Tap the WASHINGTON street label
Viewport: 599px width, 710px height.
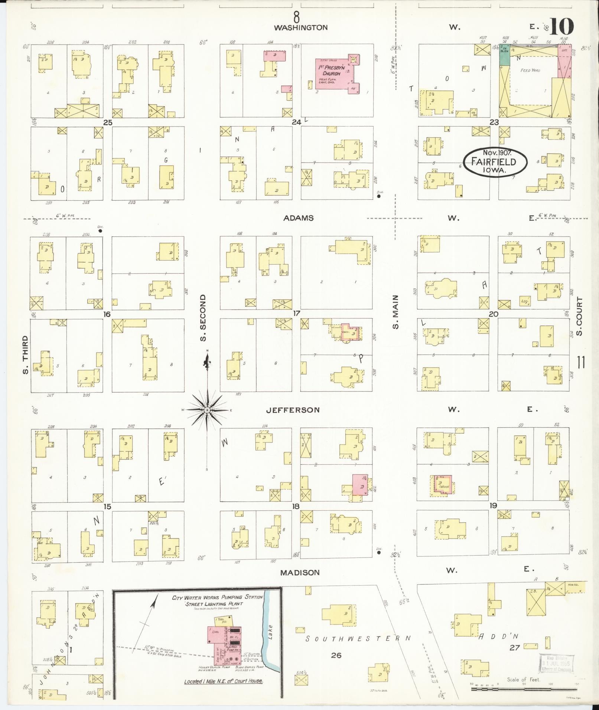click(x=301, y=27)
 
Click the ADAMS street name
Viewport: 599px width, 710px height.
click(x=298, y=218)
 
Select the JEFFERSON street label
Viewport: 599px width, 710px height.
click(x=293, y=410)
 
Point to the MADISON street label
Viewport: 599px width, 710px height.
click(x=300, y=572)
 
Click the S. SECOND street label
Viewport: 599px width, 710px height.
click(x=203, y=318)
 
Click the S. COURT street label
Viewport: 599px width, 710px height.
click(x=580, y=316)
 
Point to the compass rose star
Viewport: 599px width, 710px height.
click(x=207, y=410)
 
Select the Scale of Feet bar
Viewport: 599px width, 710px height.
click(x=524, y=689)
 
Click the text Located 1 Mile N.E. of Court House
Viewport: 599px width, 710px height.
click(x=224, y=681)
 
